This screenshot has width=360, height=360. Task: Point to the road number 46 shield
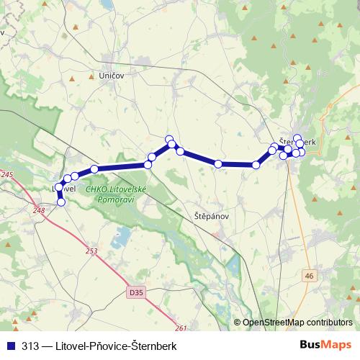tap(309, 275)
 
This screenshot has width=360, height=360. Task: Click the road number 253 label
tap(91, 251)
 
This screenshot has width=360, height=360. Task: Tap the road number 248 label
tap(39, 211)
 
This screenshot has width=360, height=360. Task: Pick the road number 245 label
tap(7, 175)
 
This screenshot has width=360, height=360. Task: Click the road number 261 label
tap(180, 329)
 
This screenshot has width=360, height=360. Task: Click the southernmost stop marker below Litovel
tap(61, 202)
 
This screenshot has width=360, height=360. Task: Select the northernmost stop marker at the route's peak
tap(169, 139)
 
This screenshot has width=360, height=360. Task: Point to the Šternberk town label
tap(297, 143)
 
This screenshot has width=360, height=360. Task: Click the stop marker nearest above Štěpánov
tap(218, 164)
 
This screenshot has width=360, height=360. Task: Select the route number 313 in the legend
tap(30, 346)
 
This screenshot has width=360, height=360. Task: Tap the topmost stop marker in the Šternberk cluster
tap(297, 138)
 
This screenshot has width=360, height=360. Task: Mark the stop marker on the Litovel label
tap(59, 187)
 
